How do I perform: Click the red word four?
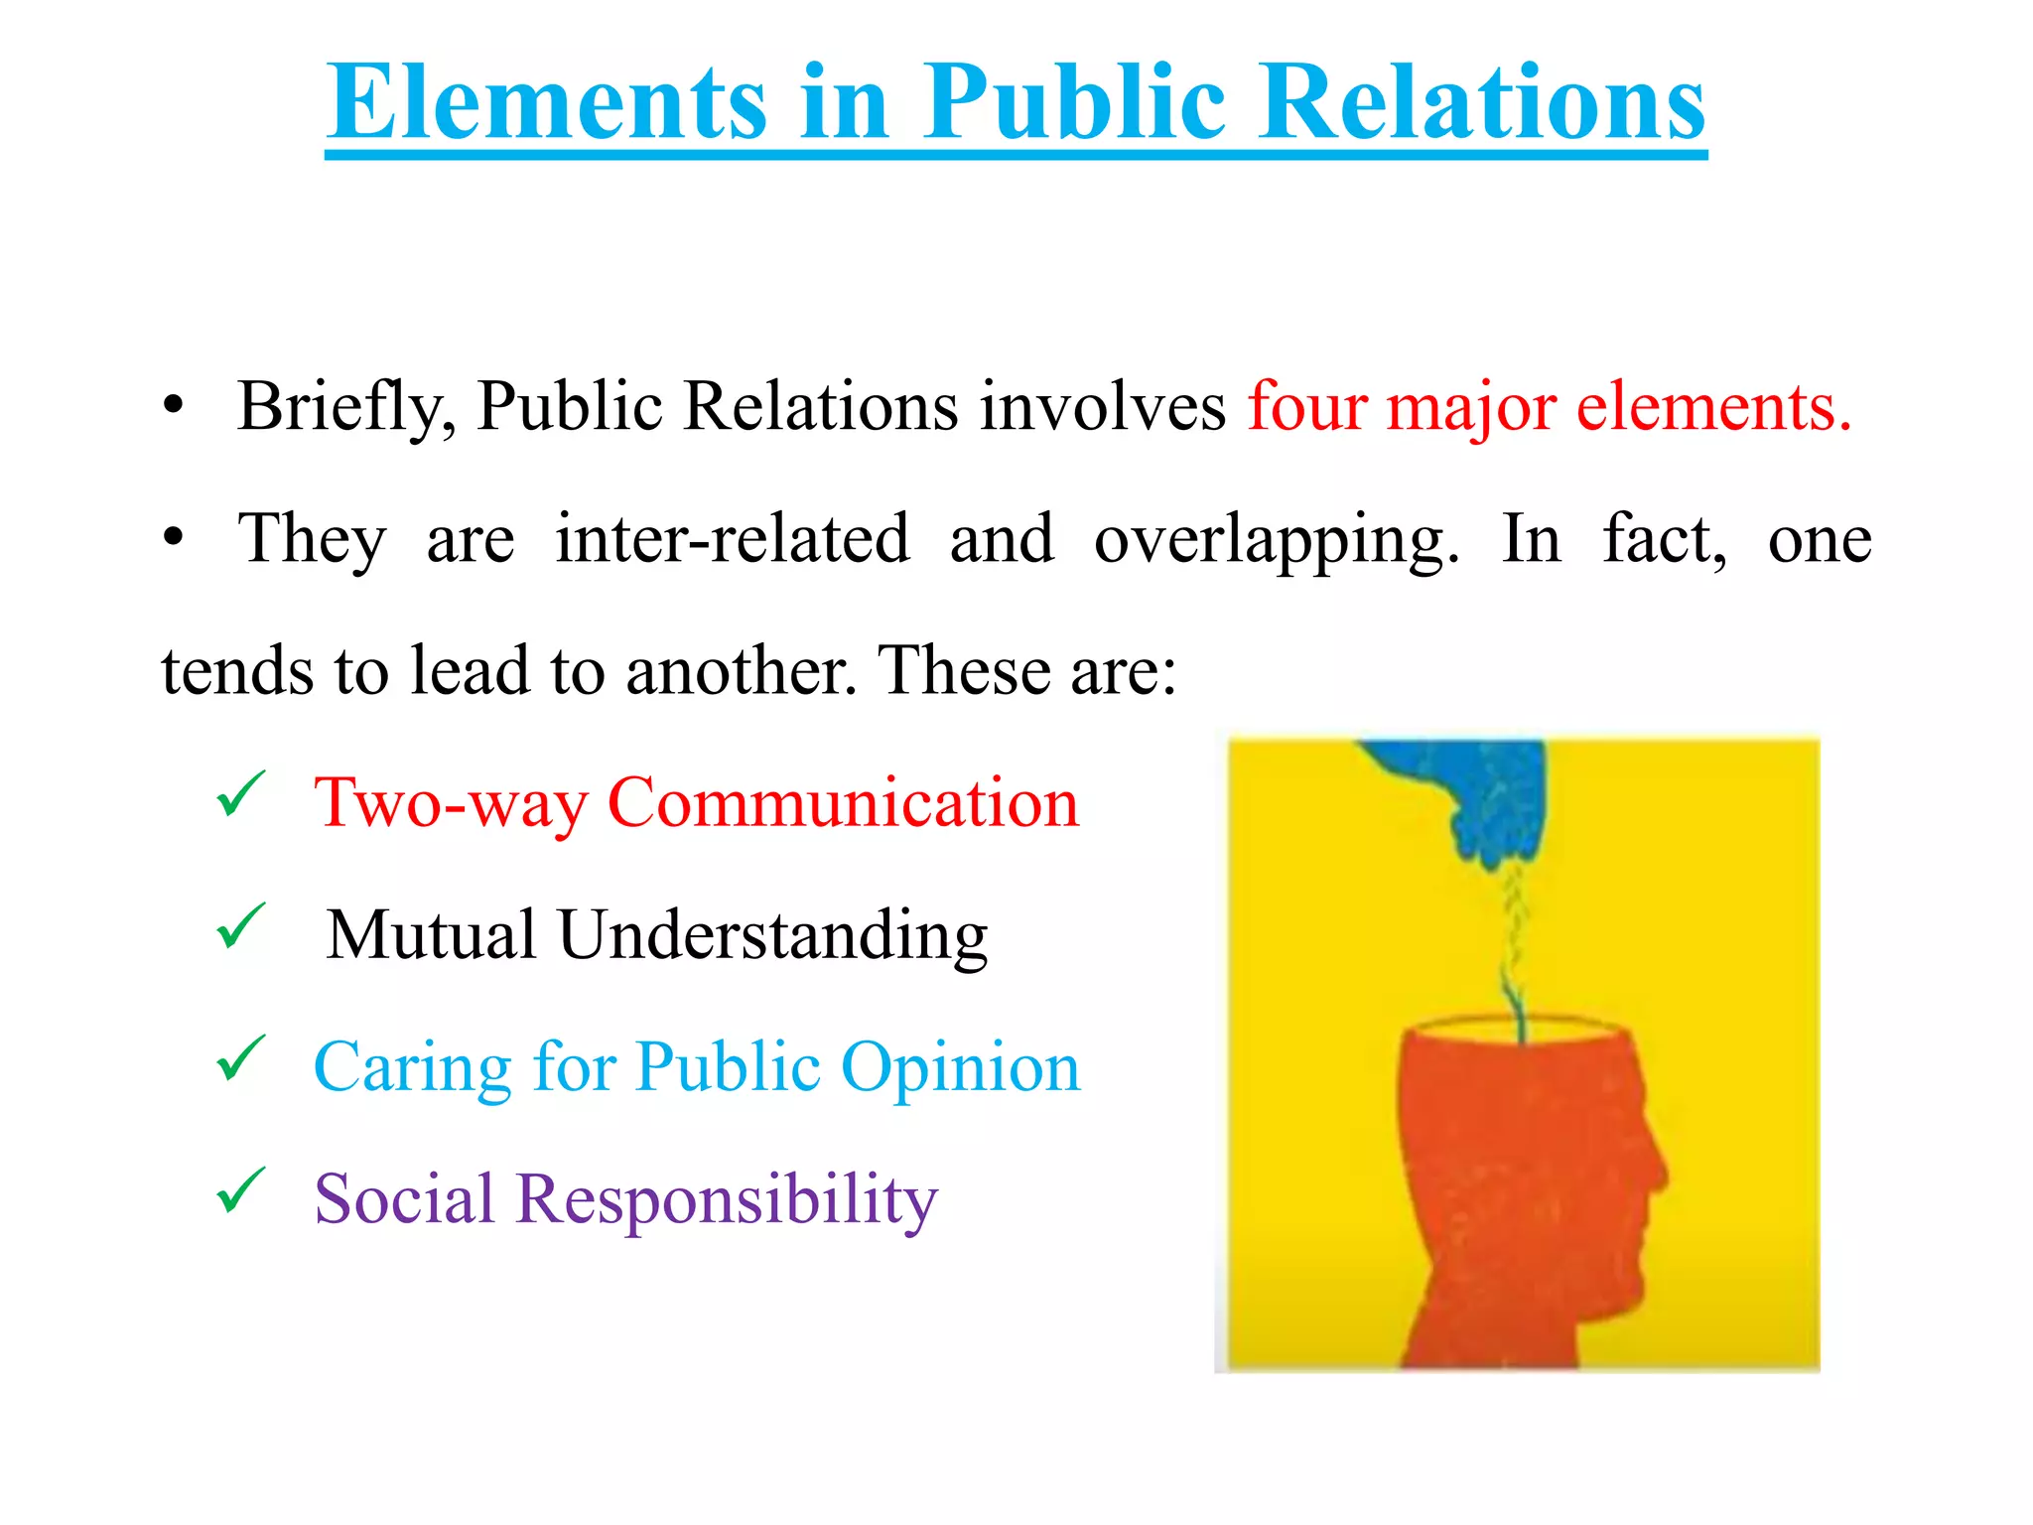[1306, 406]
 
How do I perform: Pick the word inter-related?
[733, 539]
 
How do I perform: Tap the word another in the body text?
[741, 671]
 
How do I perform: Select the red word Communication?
[843, 802]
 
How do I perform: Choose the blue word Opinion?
[960, 1068]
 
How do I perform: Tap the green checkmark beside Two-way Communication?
[240, 794]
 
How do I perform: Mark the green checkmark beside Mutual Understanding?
[240, 926]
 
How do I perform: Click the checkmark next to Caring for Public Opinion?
[240, 1058]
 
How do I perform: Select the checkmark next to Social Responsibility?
[240, 1190]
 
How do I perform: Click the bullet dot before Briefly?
[175, 406]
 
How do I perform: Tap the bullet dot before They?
[175, 538]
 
